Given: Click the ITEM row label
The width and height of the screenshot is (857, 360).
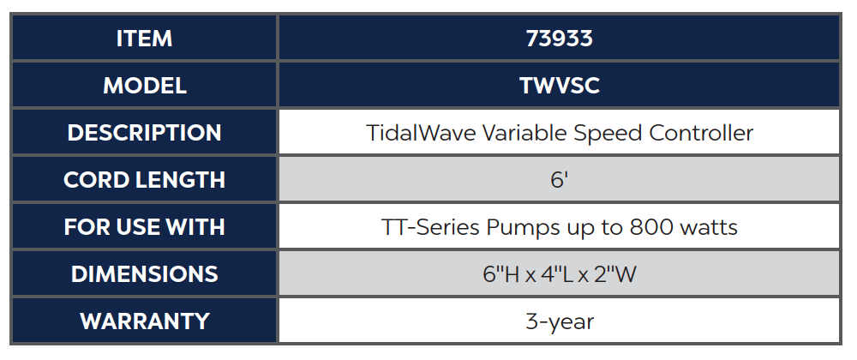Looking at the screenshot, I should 144,39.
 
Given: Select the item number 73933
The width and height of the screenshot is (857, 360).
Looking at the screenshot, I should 560,39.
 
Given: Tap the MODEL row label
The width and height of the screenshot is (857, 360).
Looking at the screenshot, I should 144,86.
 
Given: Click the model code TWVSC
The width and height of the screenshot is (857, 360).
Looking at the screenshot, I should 560,86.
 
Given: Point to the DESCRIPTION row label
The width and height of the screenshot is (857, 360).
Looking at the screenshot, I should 144,133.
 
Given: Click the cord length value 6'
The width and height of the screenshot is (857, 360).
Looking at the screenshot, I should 560,180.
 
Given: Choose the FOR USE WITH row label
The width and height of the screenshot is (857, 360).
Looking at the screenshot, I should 144,227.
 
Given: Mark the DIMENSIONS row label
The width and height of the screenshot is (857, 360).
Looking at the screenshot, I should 144,274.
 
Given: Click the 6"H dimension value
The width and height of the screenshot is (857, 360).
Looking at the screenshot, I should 499,275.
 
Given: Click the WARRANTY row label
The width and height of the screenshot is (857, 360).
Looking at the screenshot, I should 144,321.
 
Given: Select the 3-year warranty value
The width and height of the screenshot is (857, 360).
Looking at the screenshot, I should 560,322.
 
